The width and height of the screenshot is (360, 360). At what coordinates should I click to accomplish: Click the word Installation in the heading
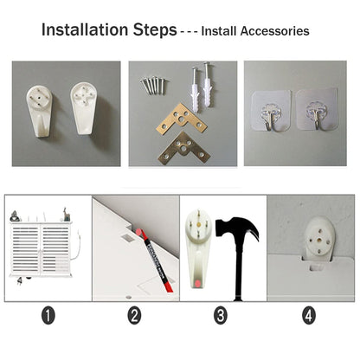(85, 29)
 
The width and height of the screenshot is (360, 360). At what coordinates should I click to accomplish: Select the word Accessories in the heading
(275, 31)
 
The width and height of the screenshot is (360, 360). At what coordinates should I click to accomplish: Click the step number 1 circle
(48, 315)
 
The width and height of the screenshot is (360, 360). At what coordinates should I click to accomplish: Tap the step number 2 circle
(134, 315)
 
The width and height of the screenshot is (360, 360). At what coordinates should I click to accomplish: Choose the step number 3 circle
(221, 315)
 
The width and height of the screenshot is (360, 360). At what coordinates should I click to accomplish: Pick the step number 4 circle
(309, 315)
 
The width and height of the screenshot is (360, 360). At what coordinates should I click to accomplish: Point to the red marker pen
(155, 260)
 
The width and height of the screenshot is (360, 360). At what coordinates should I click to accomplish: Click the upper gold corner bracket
(182, 119)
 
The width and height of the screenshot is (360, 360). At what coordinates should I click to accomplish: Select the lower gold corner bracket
(184, 149)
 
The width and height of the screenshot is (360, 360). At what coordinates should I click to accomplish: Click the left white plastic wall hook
(40, 110)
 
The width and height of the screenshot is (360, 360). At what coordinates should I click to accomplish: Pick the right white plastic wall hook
(84, 108)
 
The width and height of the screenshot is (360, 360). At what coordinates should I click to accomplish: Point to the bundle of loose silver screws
(153, 85)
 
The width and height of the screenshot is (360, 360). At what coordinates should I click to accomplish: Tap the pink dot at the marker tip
(139, 232)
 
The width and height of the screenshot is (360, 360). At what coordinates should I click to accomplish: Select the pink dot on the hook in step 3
(197, 283)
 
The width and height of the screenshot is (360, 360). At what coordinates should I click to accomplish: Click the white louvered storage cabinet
(41, 248)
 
